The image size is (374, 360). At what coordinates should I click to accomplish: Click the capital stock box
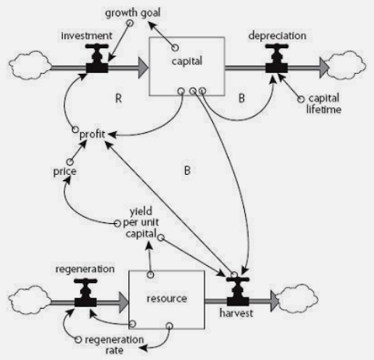pyautogui.click(x=187, y=66)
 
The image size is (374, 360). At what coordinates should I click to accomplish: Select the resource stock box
pyautogui.click(x=166, y=300)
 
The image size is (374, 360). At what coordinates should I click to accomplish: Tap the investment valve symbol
pyautogui.click(x=96, y=58)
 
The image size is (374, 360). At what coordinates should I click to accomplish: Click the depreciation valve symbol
pyautogui.click(x=277, y=58)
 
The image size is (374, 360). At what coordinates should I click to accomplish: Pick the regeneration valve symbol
pyautogui.click(x=86, y=293)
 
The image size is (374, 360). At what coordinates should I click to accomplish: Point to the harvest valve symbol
pyautogui.click(x=238, y=292)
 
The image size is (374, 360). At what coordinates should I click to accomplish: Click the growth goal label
pyautogui.click(x=133, y=12)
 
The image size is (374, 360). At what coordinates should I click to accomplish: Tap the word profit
pyautogui.click(x=93, y=135)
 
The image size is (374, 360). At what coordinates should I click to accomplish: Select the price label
pyautogui.click(x=65, y=171)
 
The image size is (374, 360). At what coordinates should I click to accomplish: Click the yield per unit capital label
pyautogui.click(x=141, y=222)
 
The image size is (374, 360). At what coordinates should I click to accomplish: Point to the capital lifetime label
pyautogui.click(x=323, y=103)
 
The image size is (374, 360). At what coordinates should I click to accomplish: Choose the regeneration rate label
pyautogui.click(x=114, y=344)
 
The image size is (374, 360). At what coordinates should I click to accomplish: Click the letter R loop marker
pyautogui.click(x=118, y=99)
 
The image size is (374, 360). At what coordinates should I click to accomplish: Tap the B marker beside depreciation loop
pyautogui.click(x=242, y=99)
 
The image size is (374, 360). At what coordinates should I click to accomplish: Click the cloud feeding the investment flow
pyautogui.click(x=30, y=65)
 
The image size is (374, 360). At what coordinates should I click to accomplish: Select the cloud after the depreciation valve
pyautogui.click(x=345, y=65)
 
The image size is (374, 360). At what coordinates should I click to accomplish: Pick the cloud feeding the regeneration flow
pyautogui.click(x=30, y=300)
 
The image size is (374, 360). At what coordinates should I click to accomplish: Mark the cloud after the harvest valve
pyautogui.click(x=297, y=299)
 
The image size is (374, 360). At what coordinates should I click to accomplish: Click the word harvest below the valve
pyautogui.click(x=236, y=313)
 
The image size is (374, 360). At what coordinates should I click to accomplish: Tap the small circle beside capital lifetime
pyautogui.click(x=301, y=100)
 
